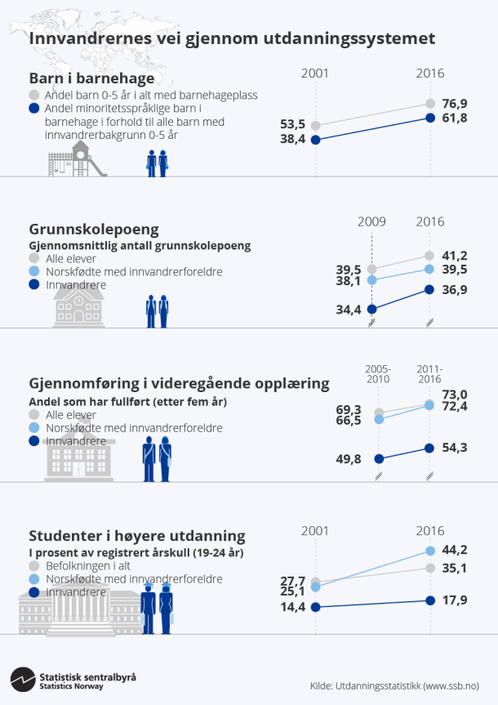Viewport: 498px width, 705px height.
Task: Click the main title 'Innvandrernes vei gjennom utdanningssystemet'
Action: [x=232, y=38]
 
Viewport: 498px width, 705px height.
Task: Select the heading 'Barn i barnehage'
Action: [x=91, y=78]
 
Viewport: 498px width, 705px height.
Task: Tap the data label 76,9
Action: [x=454, y=104]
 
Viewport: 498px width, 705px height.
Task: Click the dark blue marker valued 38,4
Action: [x=316, y=140]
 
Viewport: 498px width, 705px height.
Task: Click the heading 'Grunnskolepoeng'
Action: [x=94, y=229]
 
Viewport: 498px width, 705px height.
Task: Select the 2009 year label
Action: [x=372, y=221]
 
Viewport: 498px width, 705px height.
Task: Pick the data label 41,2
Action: [x=454, y=256]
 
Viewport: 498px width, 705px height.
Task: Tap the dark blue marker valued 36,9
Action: [x=430, y=289]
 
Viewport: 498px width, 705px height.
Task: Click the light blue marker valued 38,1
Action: [x=372, y=279]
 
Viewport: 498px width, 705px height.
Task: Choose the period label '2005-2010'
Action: [x=377, y=373]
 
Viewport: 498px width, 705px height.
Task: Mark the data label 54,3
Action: [x=454, y=448]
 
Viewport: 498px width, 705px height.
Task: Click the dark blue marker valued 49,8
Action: [x=378, y=458]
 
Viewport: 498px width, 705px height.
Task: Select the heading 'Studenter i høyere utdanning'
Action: [x=137, y=536]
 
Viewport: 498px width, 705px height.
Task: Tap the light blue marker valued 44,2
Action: [x=430, y=551]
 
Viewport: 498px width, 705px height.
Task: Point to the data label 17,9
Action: [x=454, y=600]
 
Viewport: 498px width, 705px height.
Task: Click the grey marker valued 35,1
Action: [x=430, y=568]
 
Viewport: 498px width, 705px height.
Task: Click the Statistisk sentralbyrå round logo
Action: [x=22, y=680]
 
